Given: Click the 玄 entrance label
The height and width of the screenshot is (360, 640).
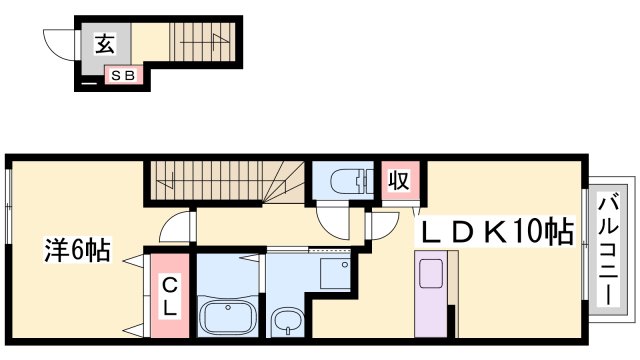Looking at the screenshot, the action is click(x=105, y=43).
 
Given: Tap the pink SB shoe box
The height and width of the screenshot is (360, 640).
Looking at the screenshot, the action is click(x=124, y=76).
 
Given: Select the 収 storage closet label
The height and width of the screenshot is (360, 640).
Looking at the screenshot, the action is click(x=399, y=180).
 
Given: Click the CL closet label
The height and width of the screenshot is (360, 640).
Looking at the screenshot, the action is click(x=170, y=296).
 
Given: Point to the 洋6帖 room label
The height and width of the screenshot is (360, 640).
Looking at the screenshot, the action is click(x=78, y=249).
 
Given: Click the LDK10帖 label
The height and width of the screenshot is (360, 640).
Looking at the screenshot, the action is click(x=497, y=232).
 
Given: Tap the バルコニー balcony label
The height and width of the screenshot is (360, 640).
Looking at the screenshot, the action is click(x=608, y=251).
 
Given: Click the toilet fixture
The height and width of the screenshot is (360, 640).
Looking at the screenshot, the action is click(x=351, y=180).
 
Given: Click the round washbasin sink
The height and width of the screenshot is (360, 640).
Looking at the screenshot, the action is click(x=287, y=320).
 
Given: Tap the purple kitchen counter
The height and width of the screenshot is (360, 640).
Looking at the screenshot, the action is click(x=431, y=294).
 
